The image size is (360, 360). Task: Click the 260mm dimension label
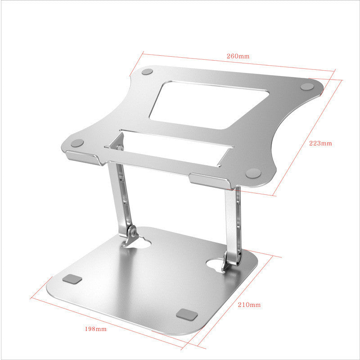[x=238, y=56]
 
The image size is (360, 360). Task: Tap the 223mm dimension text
[x=320, y=144]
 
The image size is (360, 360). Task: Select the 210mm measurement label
[x=249, y=305]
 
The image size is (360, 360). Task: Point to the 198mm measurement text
[x=95, y=329]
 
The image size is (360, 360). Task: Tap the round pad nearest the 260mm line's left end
[x=147, y=72]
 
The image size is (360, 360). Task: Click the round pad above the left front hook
[x=78, y=143]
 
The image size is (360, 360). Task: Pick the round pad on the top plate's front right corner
[x=253, y=172]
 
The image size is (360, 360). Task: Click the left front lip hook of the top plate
[x=83, y=157]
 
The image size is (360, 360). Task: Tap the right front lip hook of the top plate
[x=210, y=180]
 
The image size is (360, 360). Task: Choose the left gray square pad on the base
[x=72, y=279]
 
